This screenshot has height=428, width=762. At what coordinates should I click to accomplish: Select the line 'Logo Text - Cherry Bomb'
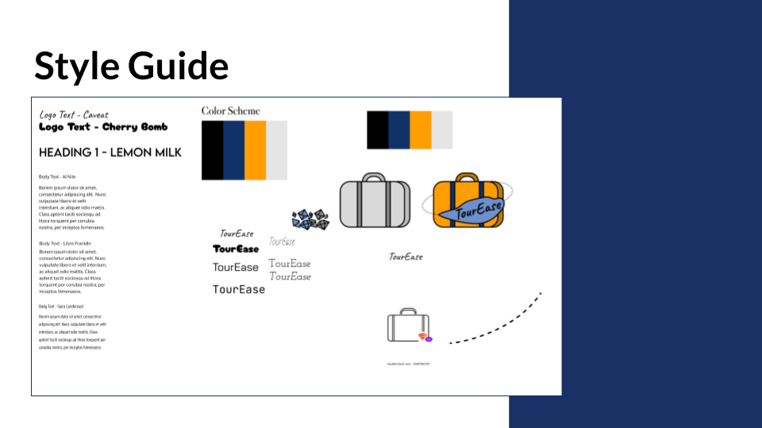[x=103, y=127]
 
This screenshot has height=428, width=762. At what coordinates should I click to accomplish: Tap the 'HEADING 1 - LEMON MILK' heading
[x=110, y=152]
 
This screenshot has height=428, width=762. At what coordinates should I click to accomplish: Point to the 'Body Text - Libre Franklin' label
[x=64, y=243]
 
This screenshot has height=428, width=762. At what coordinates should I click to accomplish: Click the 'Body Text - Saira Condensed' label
[x=61, y=306]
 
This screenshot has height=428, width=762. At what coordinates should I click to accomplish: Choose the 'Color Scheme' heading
[x=230, y=111]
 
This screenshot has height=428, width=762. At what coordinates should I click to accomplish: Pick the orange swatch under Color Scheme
[x=255, y=150]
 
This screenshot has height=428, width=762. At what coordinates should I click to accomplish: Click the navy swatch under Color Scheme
[x=234, y=150]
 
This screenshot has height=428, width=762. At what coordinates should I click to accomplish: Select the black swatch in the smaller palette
[x=377, y=130]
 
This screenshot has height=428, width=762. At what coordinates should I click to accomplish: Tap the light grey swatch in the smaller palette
[x=442, y=130]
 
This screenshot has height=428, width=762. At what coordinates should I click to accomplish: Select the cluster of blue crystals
[x=310, y=220]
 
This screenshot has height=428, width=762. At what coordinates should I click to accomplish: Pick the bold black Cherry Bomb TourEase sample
[x=236, y=249]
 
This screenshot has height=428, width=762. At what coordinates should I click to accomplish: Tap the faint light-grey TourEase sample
[x=282, y=242]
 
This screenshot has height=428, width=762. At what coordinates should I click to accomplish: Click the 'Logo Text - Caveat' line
[x=74, y=115]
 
